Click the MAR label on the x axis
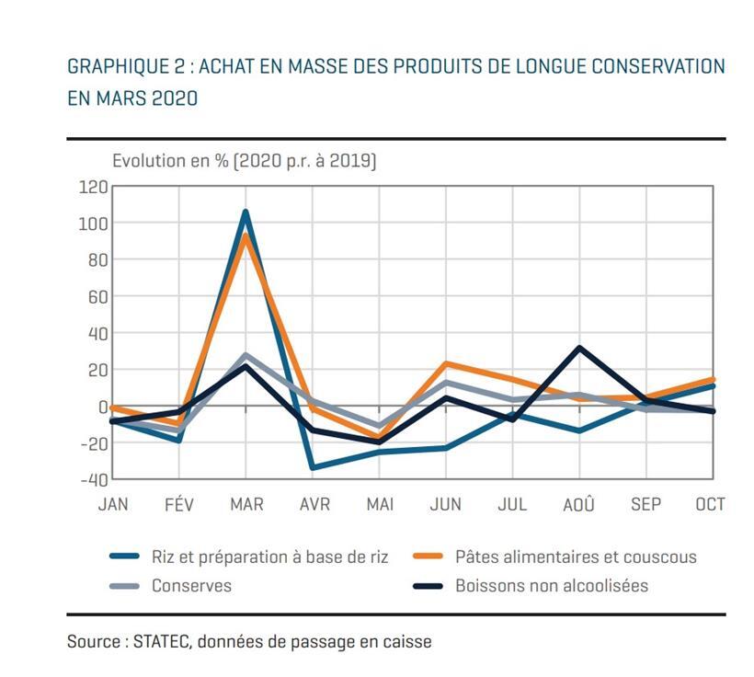[x=246, y=504]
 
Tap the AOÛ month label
[x=578, y=504]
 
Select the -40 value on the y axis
[x=94, y=479]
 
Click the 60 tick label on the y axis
[x=98, y=296]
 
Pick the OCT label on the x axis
[x=710, y=504]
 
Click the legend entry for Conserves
[x=191, y=586]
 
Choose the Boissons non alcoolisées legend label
[x=552, y=586]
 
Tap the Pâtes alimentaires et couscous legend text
[x=576, y=557]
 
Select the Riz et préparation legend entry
[x=269, y=557]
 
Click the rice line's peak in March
[x=246, y=212]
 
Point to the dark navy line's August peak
[x=579, y=348]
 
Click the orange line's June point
[x=446, y=364]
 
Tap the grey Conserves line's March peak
[x=246, y=355]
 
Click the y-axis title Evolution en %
[x=172, y=160]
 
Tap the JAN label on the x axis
[x=112, y=504]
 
